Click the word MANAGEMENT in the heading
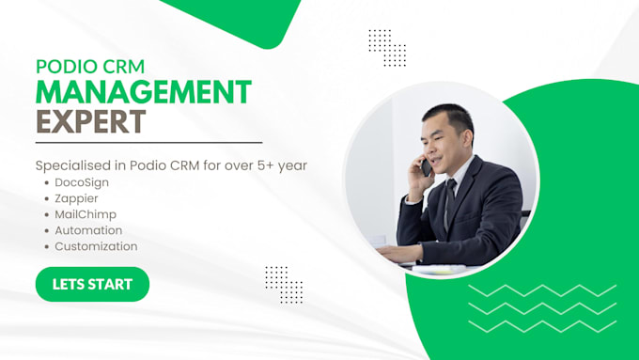[x=144, y=92]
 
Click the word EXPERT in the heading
[x=91, y=121]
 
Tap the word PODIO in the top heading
[x=67, y=67]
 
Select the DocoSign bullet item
[x=82, y=182]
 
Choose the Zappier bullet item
[x=77, y=199]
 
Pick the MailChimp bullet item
[x=86, y=214]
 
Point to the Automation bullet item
[x=88, y=230]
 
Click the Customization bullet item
[x=96, y=246]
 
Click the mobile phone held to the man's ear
[x=426, y=167]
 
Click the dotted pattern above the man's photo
[x=387, y=48]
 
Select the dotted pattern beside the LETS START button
[x=284, y=285]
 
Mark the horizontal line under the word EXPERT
[x=148, y=143]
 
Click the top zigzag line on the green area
[x=542, y=290]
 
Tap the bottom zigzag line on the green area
[x=542, y=326]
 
